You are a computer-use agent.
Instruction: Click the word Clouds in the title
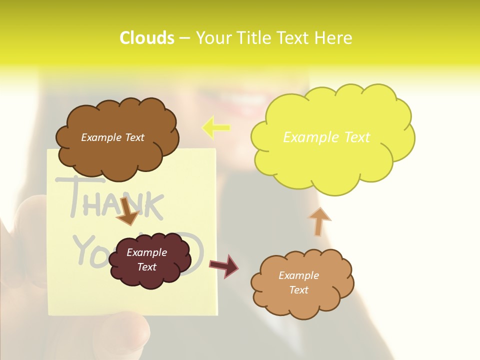click(x=146, y=38)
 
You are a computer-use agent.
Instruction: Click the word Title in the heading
click(x=250, y=38)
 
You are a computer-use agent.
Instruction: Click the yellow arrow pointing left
click(x=216, y=127)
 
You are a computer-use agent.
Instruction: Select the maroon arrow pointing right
click(x=224, y=265)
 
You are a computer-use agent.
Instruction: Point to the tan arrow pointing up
click(x=319, y=221)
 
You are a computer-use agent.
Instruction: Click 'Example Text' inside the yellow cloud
click(x=326, y=137)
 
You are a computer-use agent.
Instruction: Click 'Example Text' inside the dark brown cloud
click(x=112, y=137)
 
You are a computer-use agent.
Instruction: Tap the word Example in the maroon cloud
click(x=146, y=252)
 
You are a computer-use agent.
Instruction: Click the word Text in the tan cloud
click(x=298, y=290)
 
